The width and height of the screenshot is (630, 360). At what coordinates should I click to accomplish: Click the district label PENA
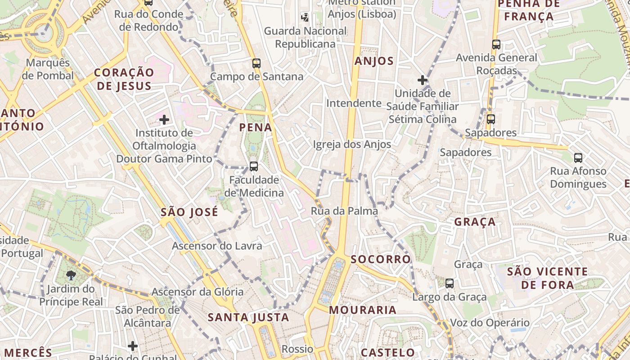click(256, 127)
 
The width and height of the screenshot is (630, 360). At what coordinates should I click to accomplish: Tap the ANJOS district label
click(374, 61)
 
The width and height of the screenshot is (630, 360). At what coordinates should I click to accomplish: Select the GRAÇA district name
click(475, 222)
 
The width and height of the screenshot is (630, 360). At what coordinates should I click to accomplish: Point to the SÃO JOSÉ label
click(189, 212)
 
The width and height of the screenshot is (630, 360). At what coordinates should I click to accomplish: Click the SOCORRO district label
click(381, 259)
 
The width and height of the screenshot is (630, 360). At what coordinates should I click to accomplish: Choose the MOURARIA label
click(363, 310)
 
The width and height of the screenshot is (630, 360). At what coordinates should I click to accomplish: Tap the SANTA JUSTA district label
click(248, 318)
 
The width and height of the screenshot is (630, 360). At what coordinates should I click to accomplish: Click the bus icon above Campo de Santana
click(256, 63)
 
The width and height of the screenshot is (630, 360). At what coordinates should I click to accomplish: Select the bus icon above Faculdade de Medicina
click(254, 166)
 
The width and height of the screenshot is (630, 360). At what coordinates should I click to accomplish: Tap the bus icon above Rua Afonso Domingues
click(578, 158)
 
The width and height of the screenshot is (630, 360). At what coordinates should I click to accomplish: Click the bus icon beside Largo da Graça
click(450, 283)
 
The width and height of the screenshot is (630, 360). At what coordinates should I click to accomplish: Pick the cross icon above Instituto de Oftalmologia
click(164, 120)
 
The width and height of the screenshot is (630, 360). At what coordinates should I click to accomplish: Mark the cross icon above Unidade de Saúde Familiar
click(422, 81)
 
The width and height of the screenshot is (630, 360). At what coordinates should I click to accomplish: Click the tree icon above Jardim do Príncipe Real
click(71, 275)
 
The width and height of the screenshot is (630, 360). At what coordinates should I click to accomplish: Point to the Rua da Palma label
click(344, 211)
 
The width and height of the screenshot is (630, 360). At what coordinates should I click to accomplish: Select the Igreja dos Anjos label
click(352, 144)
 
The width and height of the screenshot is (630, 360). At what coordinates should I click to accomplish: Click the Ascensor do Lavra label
click(217, 246)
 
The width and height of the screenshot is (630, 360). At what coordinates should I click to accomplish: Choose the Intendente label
click(354, 103)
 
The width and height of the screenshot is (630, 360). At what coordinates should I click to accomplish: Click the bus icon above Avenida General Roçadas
click(496, 45)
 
